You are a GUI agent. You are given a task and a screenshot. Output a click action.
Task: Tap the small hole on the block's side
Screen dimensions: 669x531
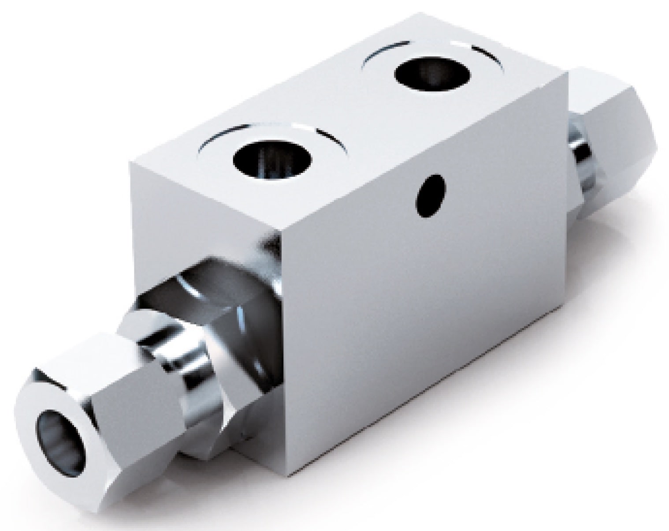point(429,195)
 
